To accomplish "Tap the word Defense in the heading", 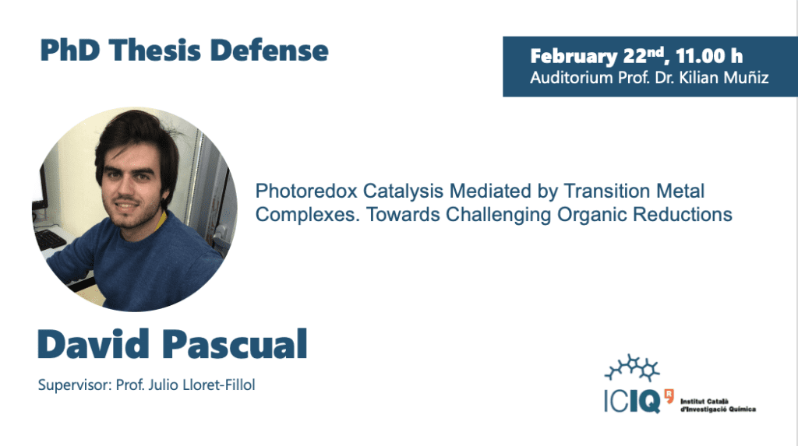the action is coord(269,51).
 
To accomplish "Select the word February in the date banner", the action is coord(574,57).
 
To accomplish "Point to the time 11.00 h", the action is coord(709,55).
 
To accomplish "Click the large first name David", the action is coord(94,344).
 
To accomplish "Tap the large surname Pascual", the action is coord(235,344).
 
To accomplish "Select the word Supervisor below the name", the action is coord(74,385).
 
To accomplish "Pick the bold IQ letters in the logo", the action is coord(644,402).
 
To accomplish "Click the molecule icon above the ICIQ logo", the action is coord(632,367).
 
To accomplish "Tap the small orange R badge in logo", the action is coord(669,395).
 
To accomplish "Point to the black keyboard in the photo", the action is coord(49,240).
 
